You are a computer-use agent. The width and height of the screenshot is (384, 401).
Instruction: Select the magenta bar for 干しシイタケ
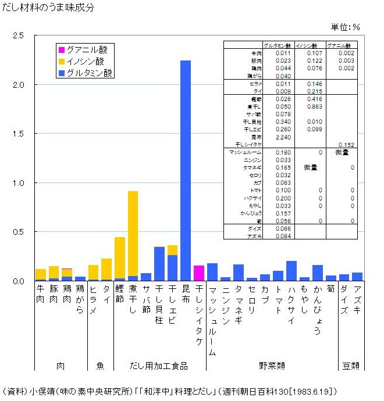tap(199, 273)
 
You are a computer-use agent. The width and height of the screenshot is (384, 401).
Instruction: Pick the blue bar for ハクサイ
tap(291, 271)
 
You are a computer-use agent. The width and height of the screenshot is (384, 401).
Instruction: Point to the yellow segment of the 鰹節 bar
tap(120, 258)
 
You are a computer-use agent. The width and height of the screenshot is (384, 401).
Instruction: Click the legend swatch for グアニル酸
tap(61, 50)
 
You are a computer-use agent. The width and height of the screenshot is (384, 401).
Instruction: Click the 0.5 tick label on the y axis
tap(17, 232)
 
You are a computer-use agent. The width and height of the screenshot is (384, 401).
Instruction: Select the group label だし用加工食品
tap(159, 366)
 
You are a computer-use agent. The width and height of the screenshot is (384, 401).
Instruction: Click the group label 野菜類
tap(272, 366)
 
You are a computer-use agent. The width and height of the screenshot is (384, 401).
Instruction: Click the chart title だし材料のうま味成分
tap(48, 8)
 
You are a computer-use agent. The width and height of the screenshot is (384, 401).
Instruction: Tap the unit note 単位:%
tap(346, 27)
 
